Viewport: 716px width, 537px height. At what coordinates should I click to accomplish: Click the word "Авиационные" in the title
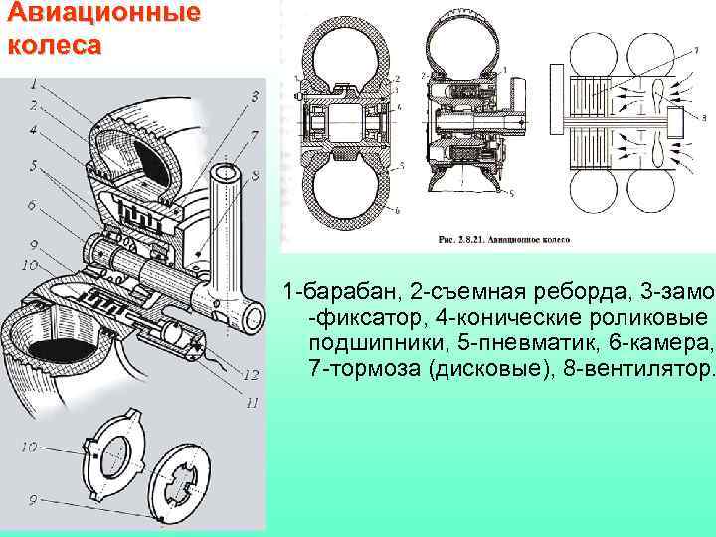click(x=100, y=14)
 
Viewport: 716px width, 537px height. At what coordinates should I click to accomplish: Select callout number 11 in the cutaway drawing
click(x=252, y=402)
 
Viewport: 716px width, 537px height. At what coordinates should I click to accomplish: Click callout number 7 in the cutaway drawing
click(x=256, y=134)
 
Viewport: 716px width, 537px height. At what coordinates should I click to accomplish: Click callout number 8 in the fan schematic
click(x=704, y=117)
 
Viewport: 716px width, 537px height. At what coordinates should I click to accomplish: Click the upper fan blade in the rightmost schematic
click(x=637, y=89)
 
